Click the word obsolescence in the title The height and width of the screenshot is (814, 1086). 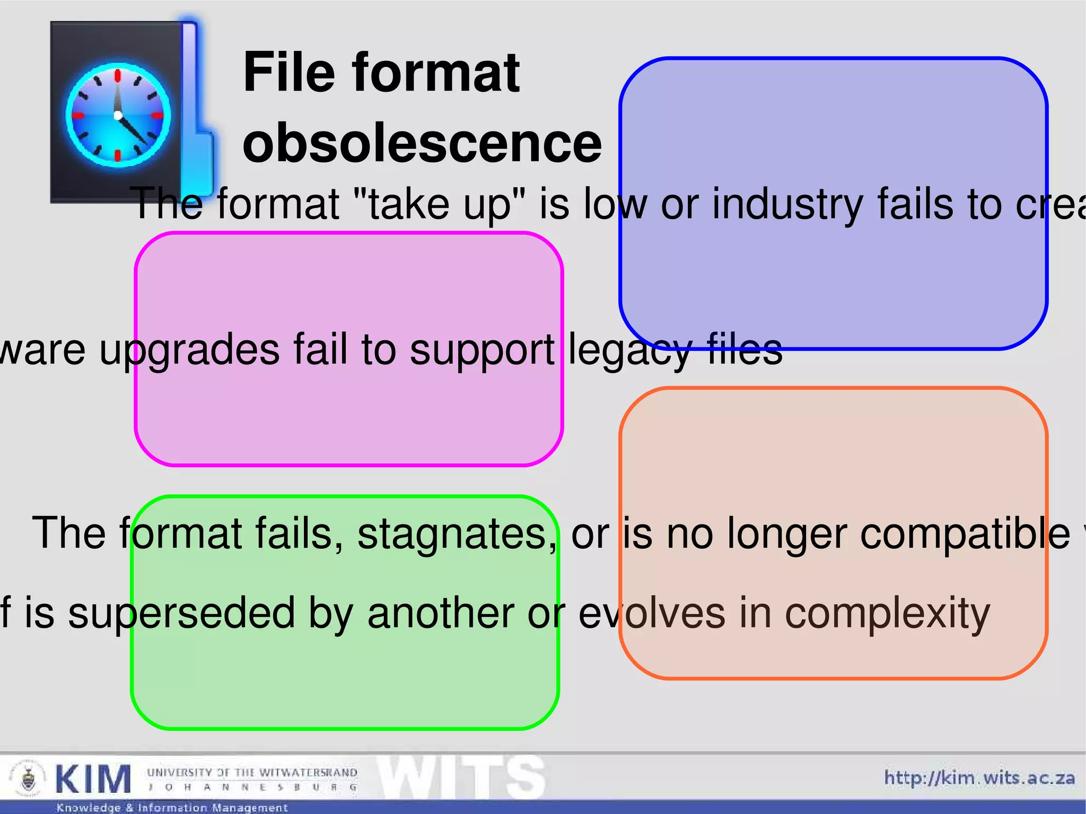[422, 143]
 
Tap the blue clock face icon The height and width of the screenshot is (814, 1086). [118, 115]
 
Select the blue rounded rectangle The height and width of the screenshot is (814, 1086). [833, 133]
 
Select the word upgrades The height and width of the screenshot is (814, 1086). [189, 351]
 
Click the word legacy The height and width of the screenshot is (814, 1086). [630, 351]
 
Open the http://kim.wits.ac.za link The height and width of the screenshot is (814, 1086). [979, 778]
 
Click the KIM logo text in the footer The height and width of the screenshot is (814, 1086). [93, 780]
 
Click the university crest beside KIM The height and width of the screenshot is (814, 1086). [28, 778]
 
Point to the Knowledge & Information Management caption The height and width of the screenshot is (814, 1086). [172, 808]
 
